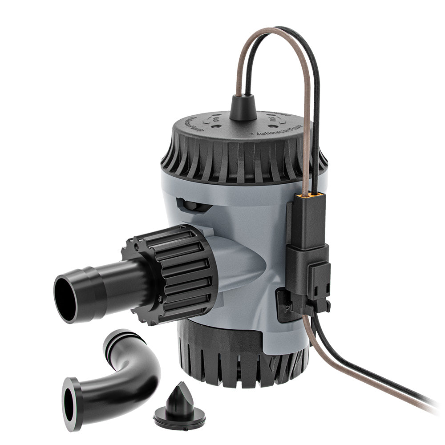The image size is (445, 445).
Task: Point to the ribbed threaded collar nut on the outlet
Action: coord(180,271)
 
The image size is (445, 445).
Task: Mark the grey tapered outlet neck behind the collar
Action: coord(240,263)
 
